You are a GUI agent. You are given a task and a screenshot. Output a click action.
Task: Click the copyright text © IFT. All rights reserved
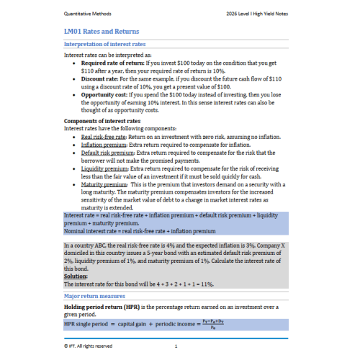pos(89,345)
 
